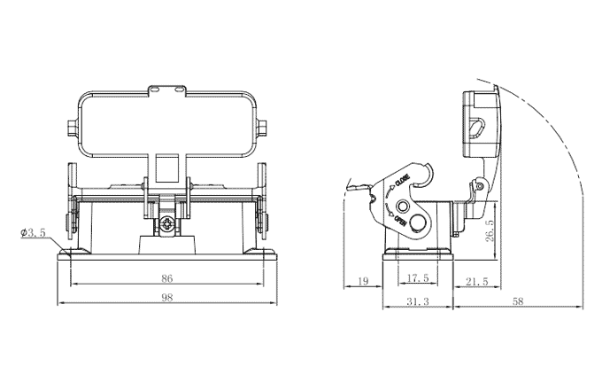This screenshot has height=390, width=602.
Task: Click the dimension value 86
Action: pyautogui.click(x=166, y=277)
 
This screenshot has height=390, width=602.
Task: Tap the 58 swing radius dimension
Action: pyautogui.click(x=519, y=302)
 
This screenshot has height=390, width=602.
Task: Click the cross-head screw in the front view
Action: pyautogui.click(x=166, y=223)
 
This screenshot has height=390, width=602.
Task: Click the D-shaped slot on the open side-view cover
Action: pyautogui.click(x=476, y=132)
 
